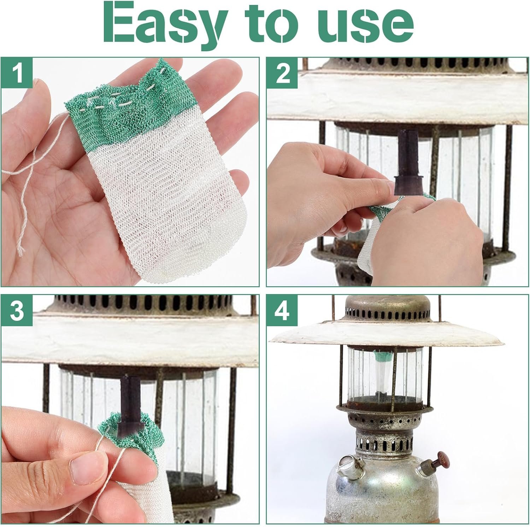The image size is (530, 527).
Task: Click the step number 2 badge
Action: coord(283,75)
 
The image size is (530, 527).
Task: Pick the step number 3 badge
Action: coord(18,311)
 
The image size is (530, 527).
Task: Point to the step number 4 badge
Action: coord(283,311)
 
